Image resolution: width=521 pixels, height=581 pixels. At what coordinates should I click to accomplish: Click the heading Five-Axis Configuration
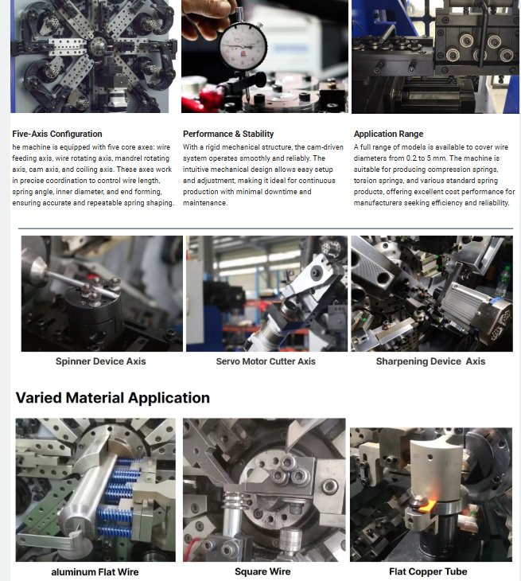[x=57, y=134]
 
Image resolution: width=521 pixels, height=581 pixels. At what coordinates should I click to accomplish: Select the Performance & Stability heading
[x=228, y=134]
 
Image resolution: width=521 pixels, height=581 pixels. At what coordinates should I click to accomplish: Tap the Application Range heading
[x=388, y=134]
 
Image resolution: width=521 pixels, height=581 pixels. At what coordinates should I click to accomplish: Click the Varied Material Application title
[x=113, y=398]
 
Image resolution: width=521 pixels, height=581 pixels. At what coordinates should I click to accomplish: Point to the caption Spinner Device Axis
[x=101, y=361]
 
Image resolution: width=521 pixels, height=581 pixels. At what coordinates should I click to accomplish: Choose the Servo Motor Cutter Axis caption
[x=266, y=361]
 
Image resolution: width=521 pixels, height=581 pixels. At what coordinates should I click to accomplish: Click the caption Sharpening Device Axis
[x=430, y=361]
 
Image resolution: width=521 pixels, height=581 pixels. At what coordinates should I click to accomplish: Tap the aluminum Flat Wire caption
[x=95, y=572]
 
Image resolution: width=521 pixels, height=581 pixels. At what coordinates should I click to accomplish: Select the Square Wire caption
[x=262, y=571]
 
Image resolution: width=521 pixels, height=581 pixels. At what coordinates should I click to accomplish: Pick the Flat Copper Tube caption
[x=428, y=571]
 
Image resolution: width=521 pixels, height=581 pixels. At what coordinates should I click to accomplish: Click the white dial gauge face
[x=243, y=46]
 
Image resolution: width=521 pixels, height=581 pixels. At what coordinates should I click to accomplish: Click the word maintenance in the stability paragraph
[x=204, y=203]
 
